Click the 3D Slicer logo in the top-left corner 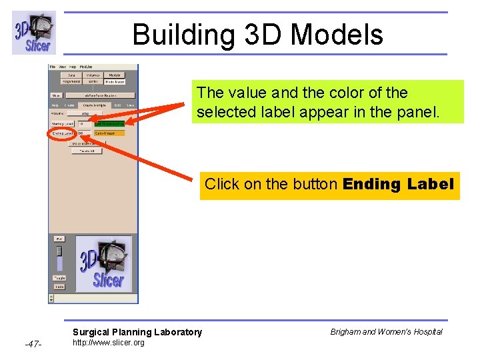pyautogui.click(x=34, y=33)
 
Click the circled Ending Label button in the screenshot pyautogui.click(x=63, y=133)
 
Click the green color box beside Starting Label pyautogui.click(x=109, y=123)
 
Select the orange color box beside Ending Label pyautogui.click(x=109, y=133)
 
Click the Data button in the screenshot pyautogui.click(x=71, y=75)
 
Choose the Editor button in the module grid pyautogui.click(x=93, y=82)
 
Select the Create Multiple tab pyautogui.click(x=93, y=105)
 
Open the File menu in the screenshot pyautogui.click(x=53, y=67)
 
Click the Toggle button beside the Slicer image pyautogui.click(x=59, y=278)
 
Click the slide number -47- pyautogui.click(x=33, y=344)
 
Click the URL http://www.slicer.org pyautogui.click(x=108, y=343)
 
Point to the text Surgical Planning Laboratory pyautogui.click(x=137, y=332)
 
